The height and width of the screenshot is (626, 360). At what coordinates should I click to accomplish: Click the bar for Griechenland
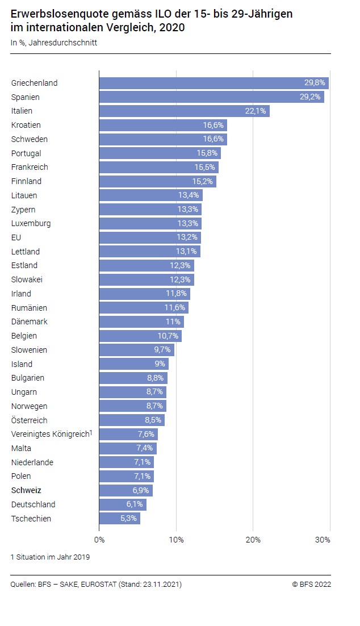(214, 83)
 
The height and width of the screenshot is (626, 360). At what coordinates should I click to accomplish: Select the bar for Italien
(184, 111)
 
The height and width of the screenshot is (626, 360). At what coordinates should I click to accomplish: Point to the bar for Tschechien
(119, 519)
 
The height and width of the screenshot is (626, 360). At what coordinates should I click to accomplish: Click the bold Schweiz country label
(26, 490)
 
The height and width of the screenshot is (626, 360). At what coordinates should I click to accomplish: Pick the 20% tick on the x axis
(253, 539)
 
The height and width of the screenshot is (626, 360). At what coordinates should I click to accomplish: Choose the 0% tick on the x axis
(99, 539)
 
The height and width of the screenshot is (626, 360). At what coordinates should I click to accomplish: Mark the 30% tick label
(323, 539)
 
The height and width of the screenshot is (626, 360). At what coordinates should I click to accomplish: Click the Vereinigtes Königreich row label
(50, 435)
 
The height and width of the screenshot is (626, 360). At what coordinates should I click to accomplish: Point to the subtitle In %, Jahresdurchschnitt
(54, 42)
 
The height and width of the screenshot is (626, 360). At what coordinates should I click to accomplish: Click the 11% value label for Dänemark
(173, 322)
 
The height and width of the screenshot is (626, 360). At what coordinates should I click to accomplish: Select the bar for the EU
(150, 237)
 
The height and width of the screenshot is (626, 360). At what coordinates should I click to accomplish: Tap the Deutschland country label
(33, 504)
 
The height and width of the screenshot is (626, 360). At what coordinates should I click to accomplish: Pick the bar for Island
(133, 364)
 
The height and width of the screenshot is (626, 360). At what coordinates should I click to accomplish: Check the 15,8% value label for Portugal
(207, 153)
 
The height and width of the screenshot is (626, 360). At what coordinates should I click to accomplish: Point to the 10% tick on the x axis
(176, 539)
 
